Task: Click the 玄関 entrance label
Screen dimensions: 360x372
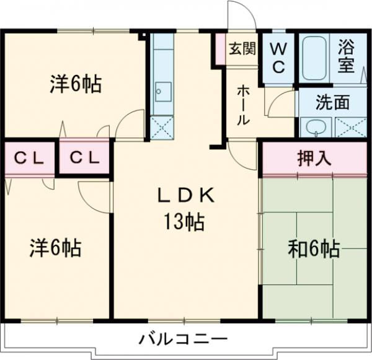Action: pos(241,49)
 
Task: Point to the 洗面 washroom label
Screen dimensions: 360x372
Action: pos(332,103)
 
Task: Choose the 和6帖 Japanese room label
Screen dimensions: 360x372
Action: pos(314,248)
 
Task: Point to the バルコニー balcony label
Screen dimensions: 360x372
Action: pos(183,340)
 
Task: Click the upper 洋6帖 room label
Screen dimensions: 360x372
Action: pos(76,84)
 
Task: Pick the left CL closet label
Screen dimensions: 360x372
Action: pos(29,159)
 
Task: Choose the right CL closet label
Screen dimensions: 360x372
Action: pos(84,159)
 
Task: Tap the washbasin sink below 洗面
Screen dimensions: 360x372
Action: pos(316,128)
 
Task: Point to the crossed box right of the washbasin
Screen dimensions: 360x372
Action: pos(350,128)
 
